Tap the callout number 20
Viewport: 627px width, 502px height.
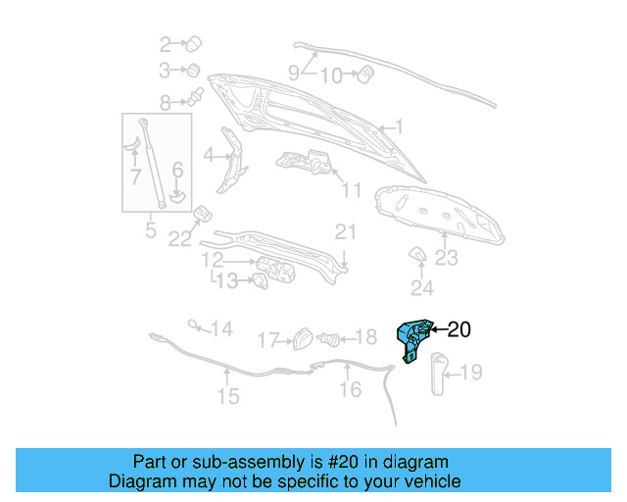(x=458, y=330)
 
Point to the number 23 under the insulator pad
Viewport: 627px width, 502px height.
(x=447, y=258)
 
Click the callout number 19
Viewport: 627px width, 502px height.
(x=471, y=372)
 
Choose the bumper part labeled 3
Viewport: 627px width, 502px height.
(x=193, y=70)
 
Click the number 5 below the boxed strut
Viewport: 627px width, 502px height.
(x=150, y=231)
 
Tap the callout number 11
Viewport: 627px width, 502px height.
(x=352, y=190)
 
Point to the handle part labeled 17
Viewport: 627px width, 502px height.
(x=303, y=339)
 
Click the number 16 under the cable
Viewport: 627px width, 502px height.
(x=350, y=390)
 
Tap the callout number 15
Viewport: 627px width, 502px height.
(x=227, y=396)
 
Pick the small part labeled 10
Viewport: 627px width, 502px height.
(x=368, y=74)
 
